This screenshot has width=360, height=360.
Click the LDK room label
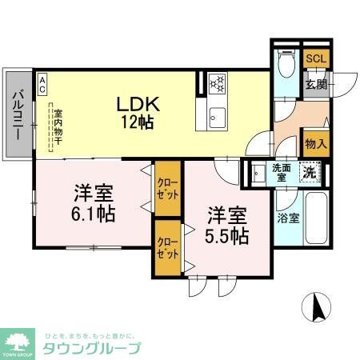click(x=140, y=104)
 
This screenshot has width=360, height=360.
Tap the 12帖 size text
click(x=138, y=122)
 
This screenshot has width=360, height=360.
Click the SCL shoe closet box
click(x=315, y=60)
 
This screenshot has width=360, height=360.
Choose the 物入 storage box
click(x=316, y=144)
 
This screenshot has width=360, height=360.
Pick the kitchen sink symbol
click(x=217, y=118)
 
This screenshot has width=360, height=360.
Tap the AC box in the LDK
click(x=42, y=79)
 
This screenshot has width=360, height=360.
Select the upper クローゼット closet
click(x=167, y=190)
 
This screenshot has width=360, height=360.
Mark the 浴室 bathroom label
click(x=288, y=217)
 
